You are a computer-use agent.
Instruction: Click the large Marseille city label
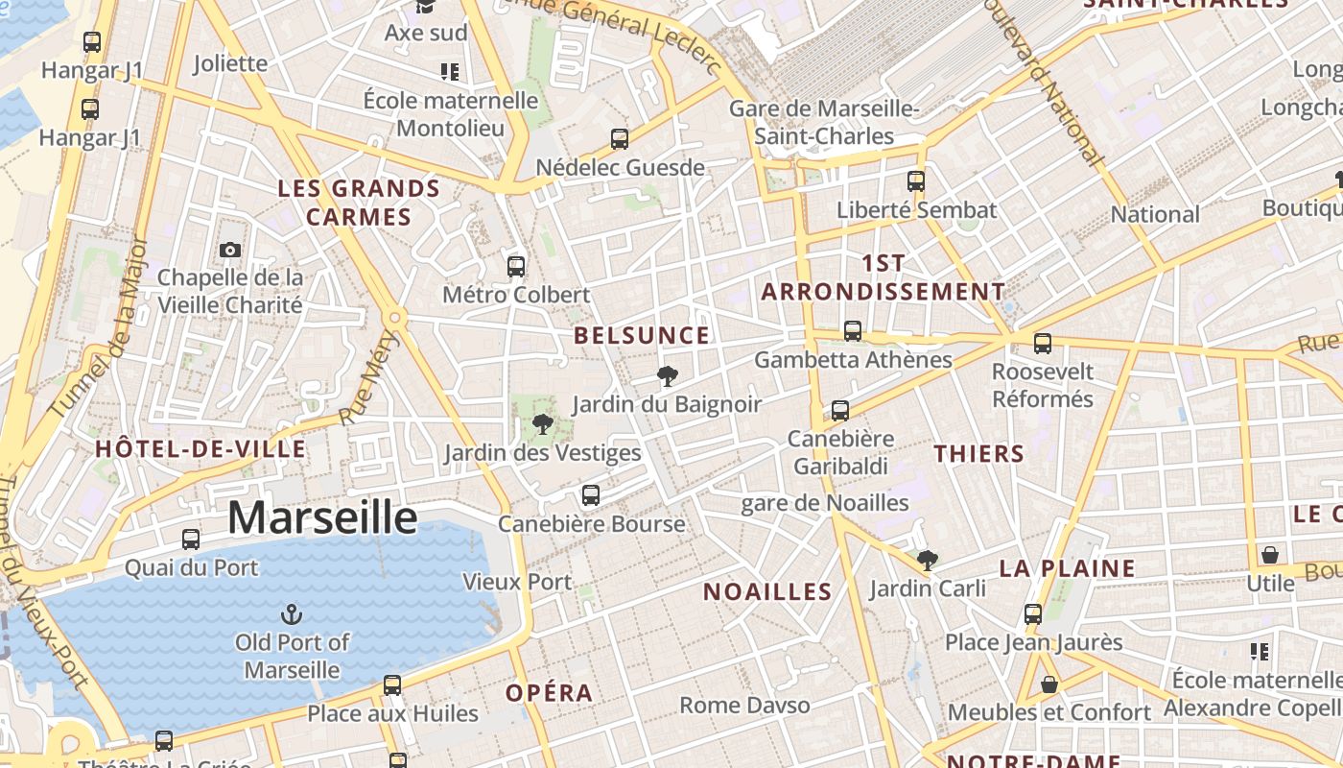tap(322, 518)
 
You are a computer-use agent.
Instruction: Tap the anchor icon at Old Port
tap(291, 613)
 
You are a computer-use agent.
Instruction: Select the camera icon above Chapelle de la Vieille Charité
tap(230, 251)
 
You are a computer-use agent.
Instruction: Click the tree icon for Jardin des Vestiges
tap(543, 423)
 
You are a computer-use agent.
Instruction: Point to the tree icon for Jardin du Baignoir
tap(668, 375)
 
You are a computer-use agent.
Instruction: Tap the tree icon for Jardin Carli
tap(927, 560)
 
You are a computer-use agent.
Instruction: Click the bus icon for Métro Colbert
tap(516, 266)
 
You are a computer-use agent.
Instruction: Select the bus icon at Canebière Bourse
tap(591, 495)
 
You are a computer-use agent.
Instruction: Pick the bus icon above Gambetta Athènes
tap(853, 331)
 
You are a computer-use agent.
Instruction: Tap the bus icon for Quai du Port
tap(191, 540)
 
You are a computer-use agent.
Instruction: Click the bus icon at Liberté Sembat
tap(916, 180)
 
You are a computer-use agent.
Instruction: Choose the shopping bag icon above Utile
tap(1270, 555)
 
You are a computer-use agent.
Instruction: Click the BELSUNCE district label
tap(642, 336)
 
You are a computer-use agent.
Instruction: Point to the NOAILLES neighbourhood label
tap(767, 591)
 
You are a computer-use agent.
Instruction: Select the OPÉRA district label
tap(550, 693)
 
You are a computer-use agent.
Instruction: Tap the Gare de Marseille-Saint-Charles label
tap(824, 123)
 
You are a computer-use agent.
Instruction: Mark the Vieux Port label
tap(517, 582)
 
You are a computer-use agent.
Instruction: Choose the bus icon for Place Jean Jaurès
tap(1033, 613)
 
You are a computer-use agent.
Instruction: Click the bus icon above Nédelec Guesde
tap(620, 139)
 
